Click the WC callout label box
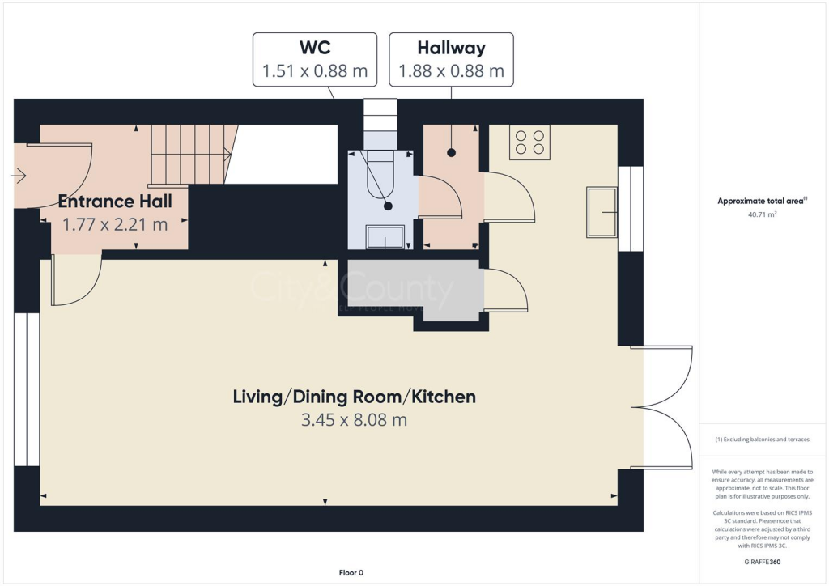pyautogui.click(x=314, y=60)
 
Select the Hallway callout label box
pyautogui.click(x=451, y=60)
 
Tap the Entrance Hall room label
pyautogui.click(x=115, y=201)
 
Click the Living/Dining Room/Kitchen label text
pyautogui.click(x=354, y=397)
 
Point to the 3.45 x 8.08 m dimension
pyautogui.click(x=354, y=420)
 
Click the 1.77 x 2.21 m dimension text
pyautogui.click(x=115, y=224)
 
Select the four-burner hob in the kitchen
pyautogui.click(x=530, y=142)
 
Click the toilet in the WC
pyautogui.click(x=380, y=174)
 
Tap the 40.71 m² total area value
pyautogui.click(x=762, y=215)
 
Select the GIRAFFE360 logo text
pyautogui.click(x=762, y=561)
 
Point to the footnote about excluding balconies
pyautogui.click(x=762, y=439)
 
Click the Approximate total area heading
pyautogui.click(x=762, y=202)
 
